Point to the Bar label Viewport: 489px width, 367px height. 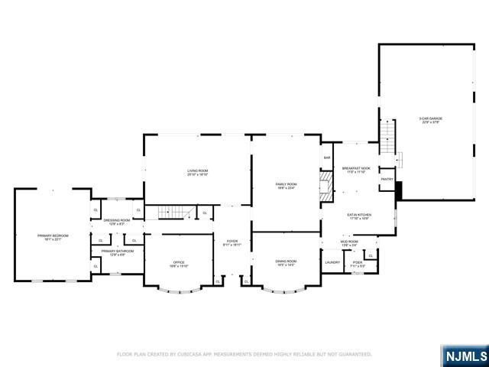pyautogui.click(x=327, y=158)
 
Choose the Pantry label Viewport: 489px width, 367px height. pyautogui.click(x=387, y=180)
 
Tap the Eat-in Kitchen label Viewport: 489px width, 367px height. pyautogui.click(x=359, y=216)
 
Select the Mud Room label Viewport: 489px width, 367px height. pyautogui.click(x=349, y=242)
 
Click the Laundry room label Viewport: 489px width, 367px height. pyautogui.click(x=332, y=262)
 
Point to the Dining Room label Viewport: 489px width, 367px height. pyautogui.click(x=287, y=262)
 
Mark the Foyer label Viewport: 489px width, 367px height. pyautogui.click(x=232, y=243)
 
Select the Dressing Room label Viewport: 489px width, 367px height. pyautogui.click(x=117, y=221)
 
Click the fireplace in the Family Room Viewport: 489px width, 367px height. pyautogui.click(x=326, y=185)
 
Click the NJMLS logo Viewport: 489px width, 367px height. pyautogui.click(x=464, y=356)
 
